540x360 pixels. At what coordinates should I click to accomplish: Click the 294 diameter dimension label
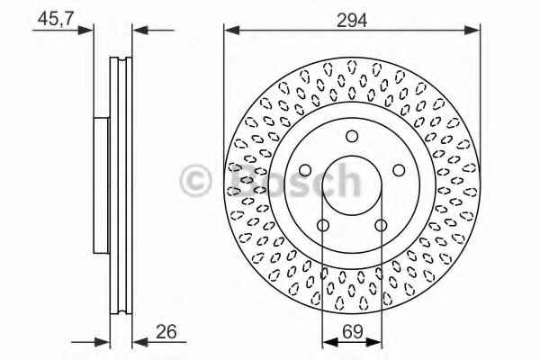click(352, 20)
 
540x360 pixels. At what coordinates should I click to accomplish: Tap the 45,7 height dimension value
click(56, 19)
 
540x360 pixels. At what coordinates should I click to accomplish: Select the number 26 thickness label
click(166, 331)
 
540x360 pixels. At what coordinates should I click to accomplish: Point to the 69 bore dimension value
click(353, 331)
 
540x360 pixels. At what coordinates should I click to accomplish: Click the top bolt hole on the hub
click(352, 136)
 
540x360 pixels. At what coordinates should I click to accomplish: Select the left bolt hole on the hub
click(305, 170)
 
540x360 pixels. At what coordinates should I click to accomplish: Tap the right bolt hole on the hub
click(399, 170)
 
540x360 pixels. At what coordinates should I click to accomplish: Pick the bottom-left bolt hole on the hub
click(323, 226)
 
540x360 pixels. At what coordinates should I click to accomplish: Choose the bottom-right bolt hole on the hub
click(381, 226)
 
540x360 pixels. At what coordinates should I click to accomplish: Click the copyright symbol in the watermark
click(195, 181)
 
